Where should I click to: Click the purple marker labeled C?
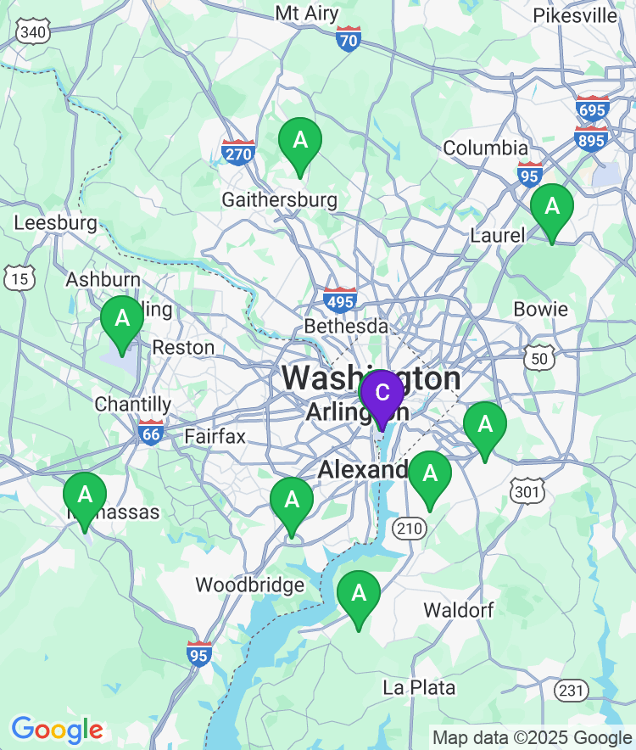(382, 394)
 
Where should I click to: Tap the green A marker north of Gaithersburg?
(300, 142)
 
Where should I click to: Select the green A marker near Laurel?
(552, 208)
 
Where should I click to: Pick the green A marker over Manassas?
(85, 496)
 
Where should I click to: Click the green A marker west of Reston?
(122, 321)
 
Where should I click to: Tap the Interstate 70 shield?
(349, 39)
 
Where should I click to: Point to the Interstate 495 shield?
(340, 300)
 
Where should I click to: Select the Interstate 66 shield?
(151, 432)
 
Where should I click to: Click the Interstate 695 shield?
(592, 109)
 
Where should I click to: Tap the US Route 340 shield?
(33, 32)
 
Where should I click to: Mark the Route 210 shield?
(408, 529)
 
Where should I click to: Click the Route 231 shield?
(572, 690)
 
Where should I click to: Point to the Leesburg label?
(56, 223)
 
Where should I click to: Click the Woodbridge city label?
(250, 585)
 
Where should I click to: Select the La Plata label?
(419, 687)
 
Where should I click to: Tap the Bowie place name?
(540, 309)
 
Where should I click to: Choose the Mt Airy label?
(307, 14)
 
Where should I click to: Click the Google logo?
(57, 730)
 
